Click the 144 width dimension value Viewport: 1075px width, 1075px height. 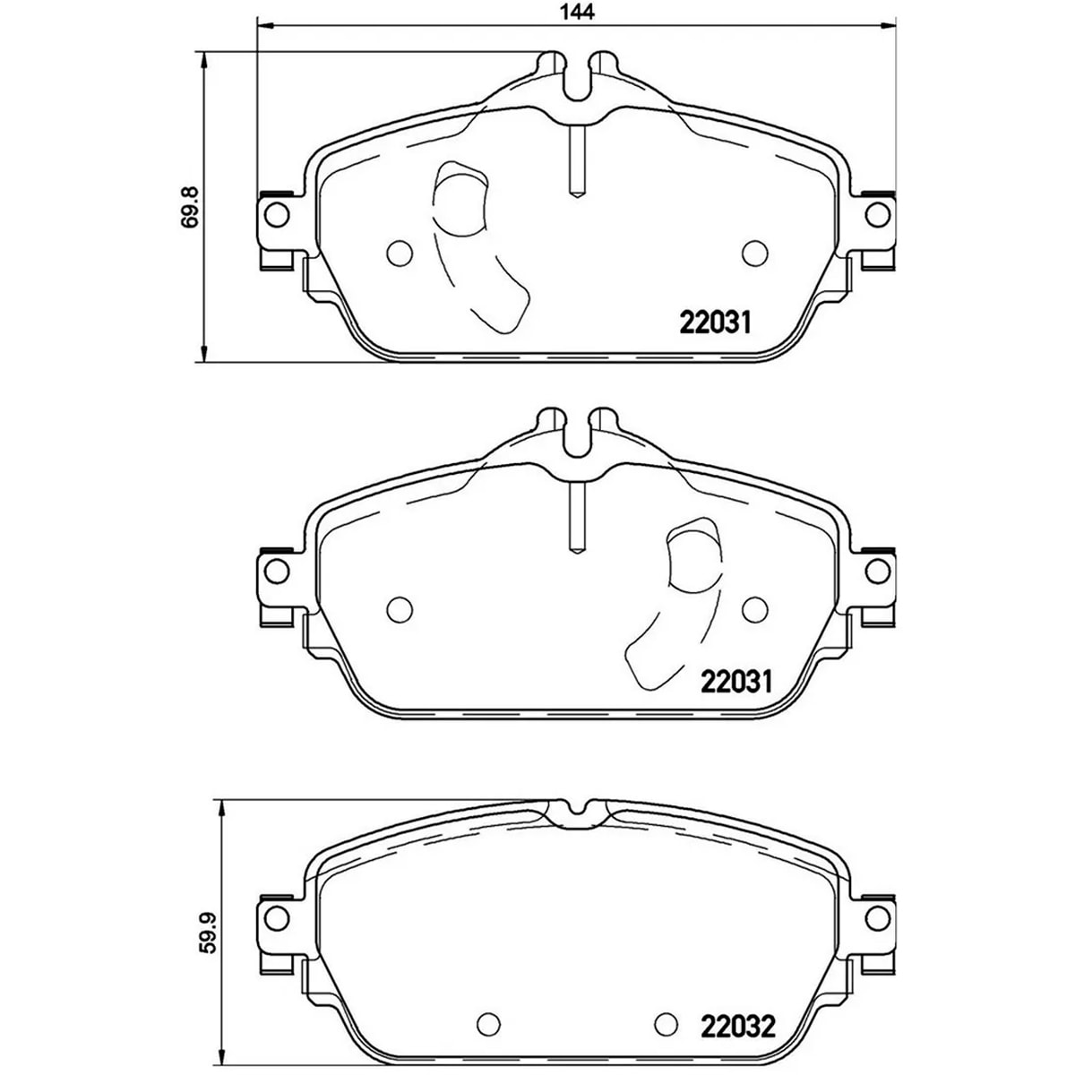click(x=577, y=12)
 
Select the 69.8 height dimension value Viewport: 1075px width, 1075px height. click(x=191, y=206)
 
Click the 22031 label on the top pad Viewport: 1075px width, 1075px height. click(x=715, y=322)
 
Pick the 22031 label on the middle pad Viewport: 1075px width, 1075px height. click(x=735, y=681)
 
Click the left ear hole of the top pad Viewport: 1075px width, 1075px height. click(x=276, y=215)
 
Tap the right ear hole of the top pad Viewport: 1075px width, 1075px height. click(x=877, y=215)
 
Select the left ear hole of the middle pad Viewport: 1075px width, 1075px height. click(x=276, y=571)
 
